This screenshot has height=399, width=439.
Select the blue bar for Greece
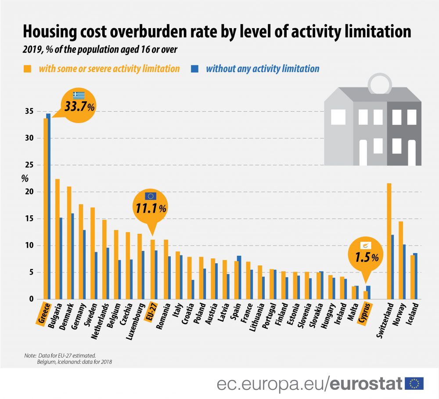coord(48,207)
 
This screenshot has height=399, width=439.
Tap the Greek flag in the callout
coord(79,95)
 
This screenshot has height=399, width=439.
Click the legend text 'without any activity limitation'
coord(263,69)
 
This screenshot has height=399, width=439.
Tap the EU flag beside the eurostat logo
coord(414,384)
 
